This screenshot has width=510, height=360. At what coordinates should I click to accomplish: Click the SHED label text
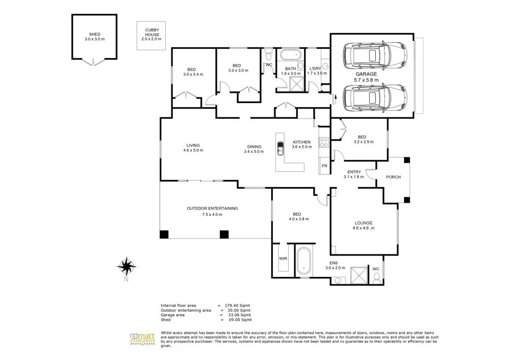click(x=94, y=35)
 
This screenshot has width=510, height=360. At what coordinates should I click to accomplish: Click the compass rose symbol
click(x=126, y=266)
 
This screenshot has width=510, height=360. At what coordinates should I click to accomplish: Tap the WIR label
click(x=283, y=259)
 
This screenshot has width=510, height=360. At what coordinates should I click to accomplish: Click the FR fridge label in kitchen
click(x=324, y=166)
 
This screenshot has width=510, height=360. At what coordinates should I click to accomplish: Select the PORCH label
click(x=393, y=177)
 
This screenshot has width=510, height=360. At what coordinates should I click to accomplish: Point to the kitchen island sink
click(x=280, y=149)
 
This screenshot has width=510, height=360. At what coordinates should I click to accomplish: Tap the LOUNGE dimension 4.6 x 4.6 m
click(x=364, y=228)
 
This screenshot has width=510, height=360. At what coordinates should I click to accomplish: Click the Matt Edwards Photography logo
click(x=142, y=339)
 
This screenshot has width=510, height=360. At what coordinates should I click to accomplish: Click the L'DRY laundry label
click(x=316, y=68)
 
